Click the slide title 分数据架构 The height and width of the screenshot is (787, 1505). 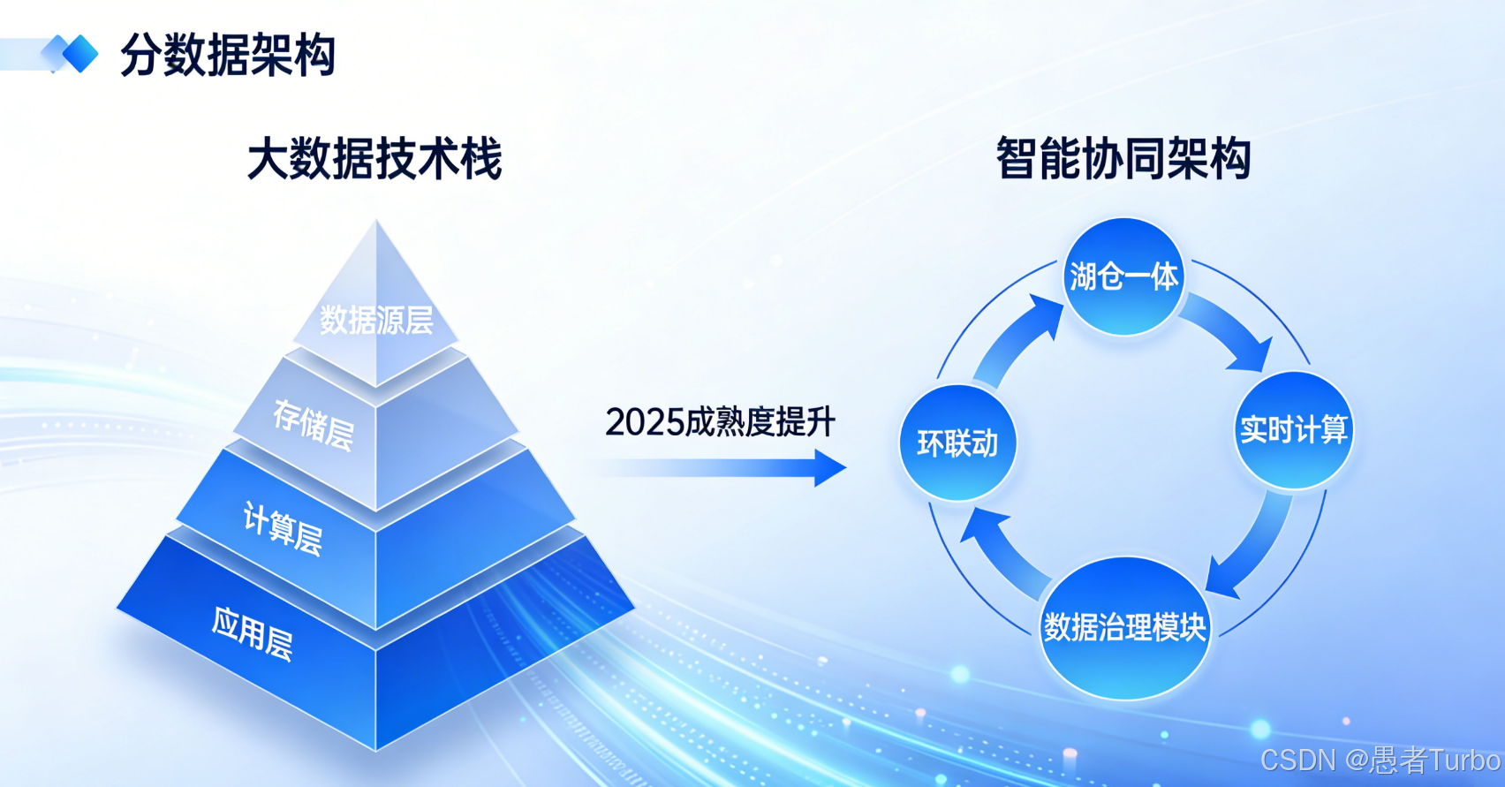click(228, 55)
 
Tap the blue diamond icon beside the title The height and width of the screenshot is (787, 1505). click(75, 53)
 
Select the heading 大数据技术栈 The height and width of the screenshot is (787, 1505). click(374, 159)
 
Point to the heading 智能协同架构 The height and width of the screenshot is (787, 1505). click(1123, 159)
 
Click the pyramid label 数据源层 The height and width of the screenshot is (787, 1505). click(376, 320)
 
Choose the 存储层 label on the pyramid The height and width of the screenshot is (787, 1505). click(314, 424)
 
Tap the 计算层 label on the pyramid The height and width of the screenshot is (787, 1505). click(283, 528)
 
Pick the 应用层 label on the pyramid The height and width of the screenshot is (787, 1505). click(252, 634)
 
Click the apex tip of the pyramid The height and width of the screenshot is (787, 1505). click(376, 221)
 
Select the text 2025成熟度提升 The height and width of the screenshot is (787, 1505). click(720, 422)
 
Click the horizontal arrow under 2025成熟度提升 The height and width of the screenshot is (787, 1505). click(720, 468)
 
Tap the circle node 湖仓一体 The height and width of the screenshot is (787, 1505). click(1124, 276)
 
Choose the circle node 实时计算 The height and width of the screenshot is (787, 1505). click(1293, 430)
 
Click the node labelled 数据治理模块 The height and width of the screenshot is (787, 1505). click(1124, 628)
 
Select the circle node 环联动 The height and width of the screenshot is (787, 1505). click(957, 443)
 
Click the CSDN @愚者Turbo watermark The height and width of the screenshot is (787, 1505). click(1380, 761)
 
